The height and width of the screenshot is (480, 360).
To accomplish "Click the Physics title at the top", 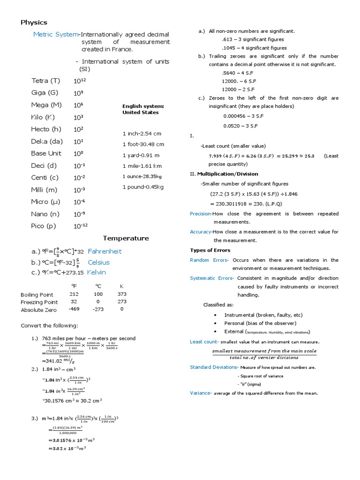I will coord(34,22).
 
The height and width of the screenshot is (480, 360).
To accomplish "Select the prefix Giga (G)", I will coord(45,93).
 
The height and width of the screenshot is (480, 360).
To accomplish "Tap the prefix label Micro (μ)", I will coord(46,202).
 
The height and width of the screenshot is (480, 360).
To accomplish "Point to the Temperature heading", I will coord(126,238).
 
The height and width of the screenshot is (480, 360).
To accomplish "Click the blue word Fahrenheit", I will coord(105,251).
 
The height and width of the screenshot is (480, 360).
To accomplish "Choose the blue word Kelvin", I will coord(97,272).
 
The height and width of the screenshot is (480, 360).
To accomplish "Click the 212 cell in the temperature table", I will coord(74,294).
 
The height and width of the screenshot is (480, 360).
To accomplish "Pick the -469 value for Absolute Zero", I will coord(74,309).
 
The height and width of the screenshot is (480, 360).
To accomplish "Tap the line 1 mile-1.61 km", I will coord(142,166).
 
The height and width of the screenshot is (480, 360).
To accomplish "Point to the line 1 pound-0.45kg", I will coord(143,187).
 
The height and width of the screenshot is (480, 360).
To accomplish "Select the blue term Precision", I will coord(201,214).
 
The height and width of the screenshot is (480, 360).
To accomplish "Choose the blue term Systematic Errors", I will coord(212,278).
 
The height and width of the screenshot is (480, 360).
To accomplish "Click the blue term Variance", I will coord(201,393).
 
